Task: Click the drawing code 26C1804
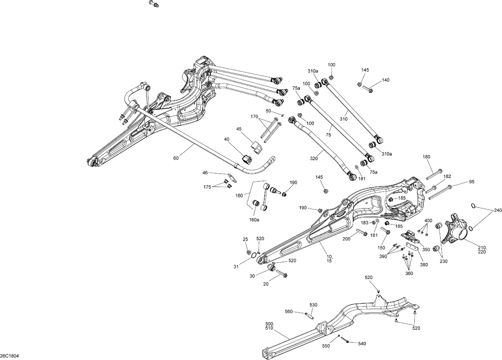tap(10, 355)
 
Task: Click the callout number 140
tap(386, 80)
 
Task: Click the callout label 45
tap(239, 129)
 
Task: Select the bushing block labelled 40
tap(247, 159)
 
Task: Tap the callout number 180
tap(426, 157)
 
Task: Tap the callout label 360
tap(409, 273)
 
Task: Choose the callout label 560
tap(288, 311)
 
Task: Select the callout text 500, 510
tap(269, 326)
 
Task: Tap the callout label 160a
tap(254, 220)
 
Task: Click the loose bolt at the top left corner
tap(154, 4)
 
